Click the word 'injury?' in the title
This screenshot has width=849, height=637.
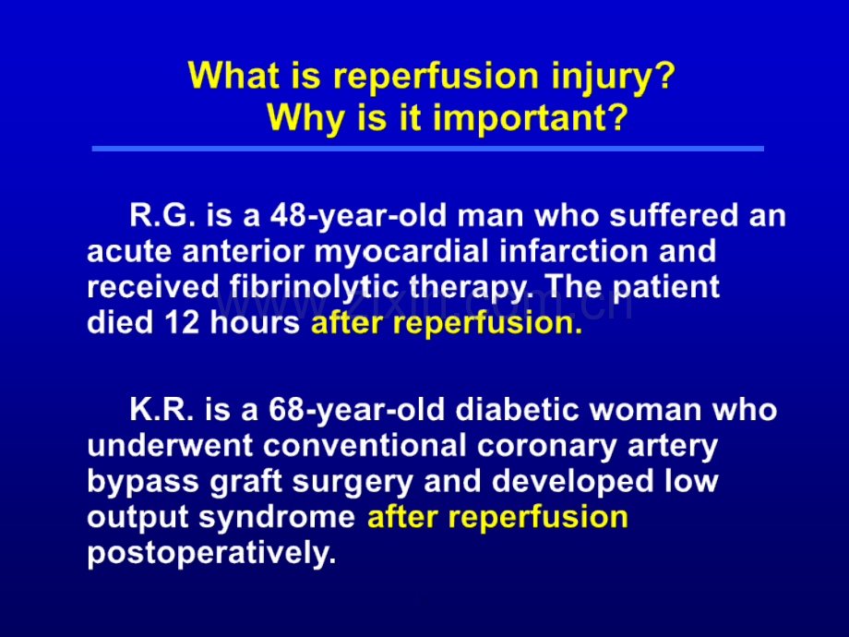(x=614, y=77)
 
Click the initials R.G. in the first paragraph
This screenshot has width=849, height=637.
(x=162, y=215)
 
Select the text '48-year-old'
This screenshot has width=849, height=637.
(x=359, y=216)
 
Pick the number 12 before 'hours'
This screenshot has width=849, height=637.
(x=183, y=323)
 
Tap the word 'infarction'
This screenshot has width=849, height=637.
(x=573, y=251)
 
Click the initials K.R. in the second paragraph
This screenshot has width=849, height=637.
(x=161, y=410)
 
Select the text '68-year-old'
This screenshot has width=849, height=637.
(x=357, y=411)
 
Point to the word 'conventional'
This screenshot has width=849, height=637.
(x=365, y=446)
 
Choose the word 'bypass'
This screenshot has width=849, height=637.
(x=143, y=482)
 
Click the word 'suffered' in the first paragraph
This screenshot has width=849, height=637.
(x=674, y=215)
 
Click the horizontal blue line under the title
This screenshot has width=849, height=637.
(x=428, y=149)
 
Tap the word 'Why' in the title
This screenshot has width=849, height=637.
(x=307, y=117)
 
